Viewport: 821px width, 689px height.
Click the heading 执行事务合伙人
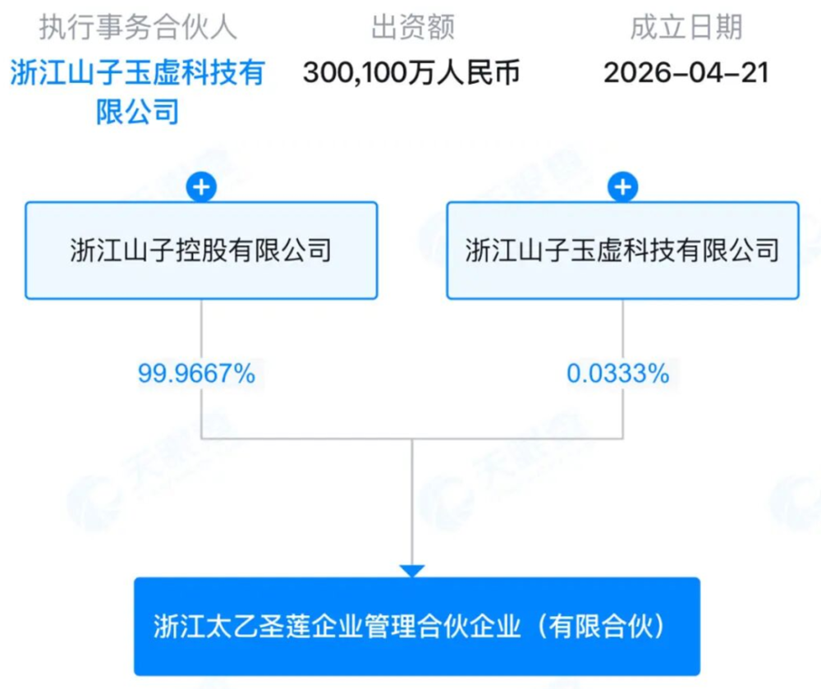[138, 27]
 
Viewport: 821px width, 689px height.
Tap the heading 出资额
[413, 27]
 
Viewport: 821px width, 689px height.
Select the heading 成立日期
[686, 27]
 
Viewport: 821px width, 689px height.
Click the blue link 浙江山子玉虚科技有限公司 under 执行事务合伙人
[138, 92]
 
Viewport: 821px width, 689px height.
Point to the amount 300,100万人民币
[411, 72]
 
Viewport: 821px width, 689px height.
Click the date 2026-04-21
[686, 72]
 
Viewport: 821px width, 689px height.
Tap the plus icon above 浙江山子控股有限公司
[202, 187]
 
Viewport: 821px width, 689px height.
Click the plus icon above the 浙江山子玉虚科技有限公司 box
[622, 187]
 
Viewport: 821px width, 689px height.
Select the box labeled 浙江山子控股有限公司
[202, 250]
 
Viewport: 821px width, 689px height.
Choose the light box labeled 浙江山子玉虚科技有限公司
[622, 250]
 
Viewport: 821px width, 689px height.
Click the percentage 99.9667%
[197, 374]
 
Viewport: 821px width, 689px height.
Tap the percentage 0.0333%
[618, 374]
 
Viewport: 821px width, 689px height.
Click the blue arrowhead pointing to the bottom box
[412, 571]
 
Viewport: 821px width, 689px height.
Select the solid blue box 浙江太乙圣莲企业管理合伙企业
[417, 626]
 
